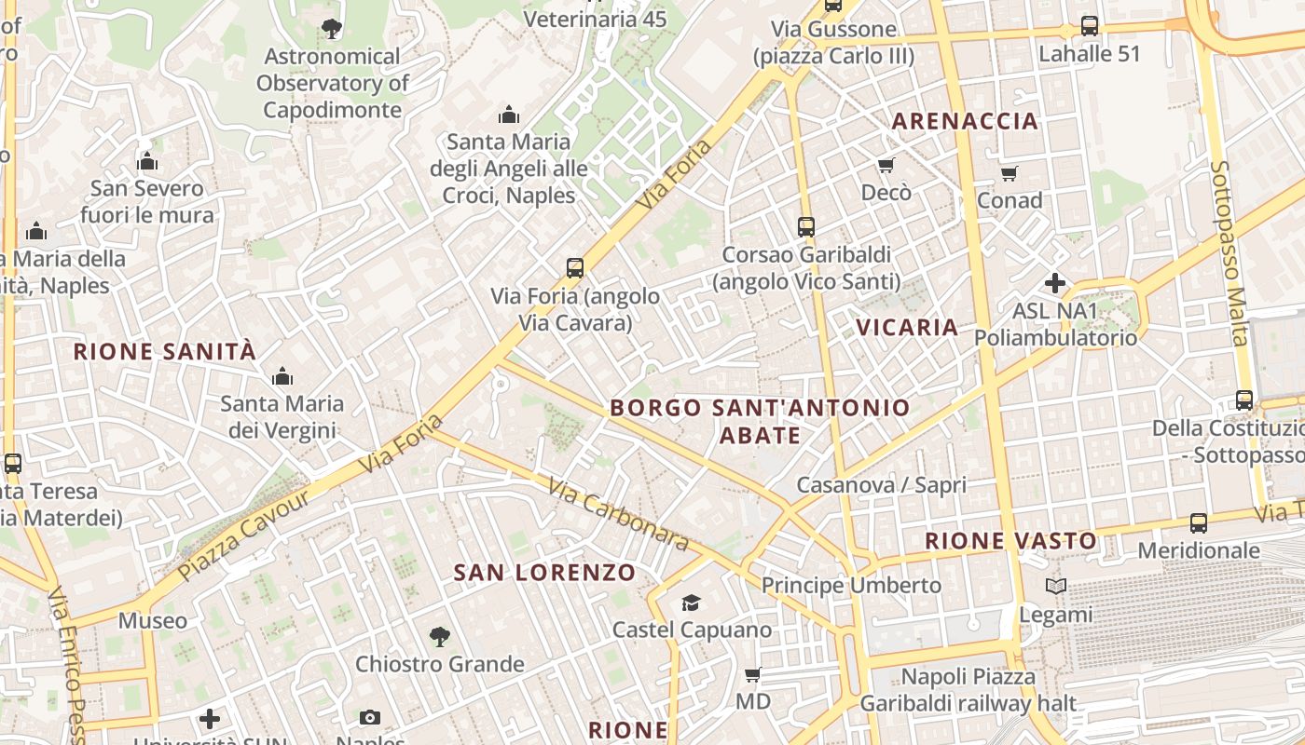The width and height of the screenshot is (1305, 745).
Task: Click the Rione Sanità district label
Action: (164, 352)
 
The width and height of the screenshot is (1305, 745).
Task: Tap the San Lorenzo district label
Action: (544, 573)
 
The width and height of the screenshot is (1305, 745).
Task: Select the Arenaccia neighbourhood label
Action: (965, 121)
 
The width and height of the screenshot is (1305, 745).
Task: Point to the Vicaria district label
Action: (907, 328)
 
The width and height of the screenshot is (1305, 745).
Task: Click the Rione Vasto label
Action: (1010, 541)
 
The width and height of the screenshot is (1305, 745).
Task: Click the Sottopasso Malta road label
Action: (1229, 253)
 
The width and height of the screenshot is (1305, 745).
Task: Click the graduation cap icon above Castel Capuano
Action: (691, 603)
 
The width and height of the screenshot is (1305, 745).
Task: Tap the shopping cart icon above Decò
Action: (886, 166)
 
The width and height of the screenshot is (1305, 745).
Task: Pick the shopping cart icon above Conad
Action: (1009, 173)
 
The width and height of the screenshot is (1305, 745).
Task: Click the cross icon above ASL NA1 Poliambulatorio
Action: (1055, 282)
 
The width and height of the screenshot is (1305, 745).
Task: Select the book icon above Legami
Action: (1055, 587)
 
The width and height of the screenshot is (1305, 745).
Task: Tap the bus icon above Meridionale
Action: (1199, 523)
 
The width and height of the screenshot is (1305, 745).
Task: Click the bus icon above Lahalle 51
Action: (1089, 26)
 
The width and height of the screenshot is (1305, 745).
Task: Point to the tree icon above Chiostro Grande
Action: (439, 637)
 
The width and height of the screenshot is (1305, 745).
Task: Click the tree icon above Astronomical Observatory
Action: (331, 29)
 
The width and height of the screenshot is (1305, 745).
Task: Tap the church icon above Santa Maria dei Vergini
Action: (282, 377)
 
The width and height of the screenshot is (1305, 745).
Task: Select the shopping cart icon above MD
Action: (753, 674)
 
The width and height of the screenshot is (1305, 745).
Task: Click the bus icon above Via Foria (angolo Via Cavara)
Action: (575, 268)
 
